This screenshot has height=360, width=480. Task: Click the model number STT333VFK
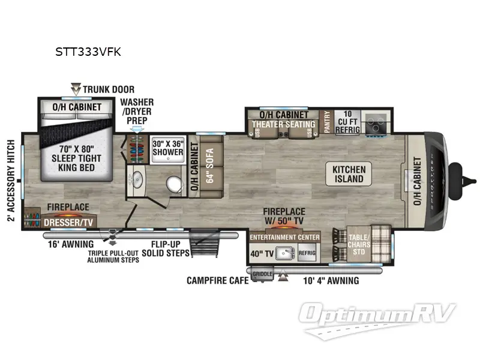pos(88,52)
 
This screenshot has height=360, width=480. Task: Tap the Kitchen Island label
pos(349,174)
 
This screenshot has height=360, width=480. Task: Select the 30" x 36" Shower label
pos(167,148)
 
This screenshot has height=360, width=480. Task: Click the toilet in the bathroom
pos(175,183)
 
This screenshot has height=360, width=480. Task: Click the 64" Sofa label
pos(211,168)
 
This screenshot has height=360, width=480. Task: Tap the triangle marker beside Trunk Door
pos(76,88)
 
